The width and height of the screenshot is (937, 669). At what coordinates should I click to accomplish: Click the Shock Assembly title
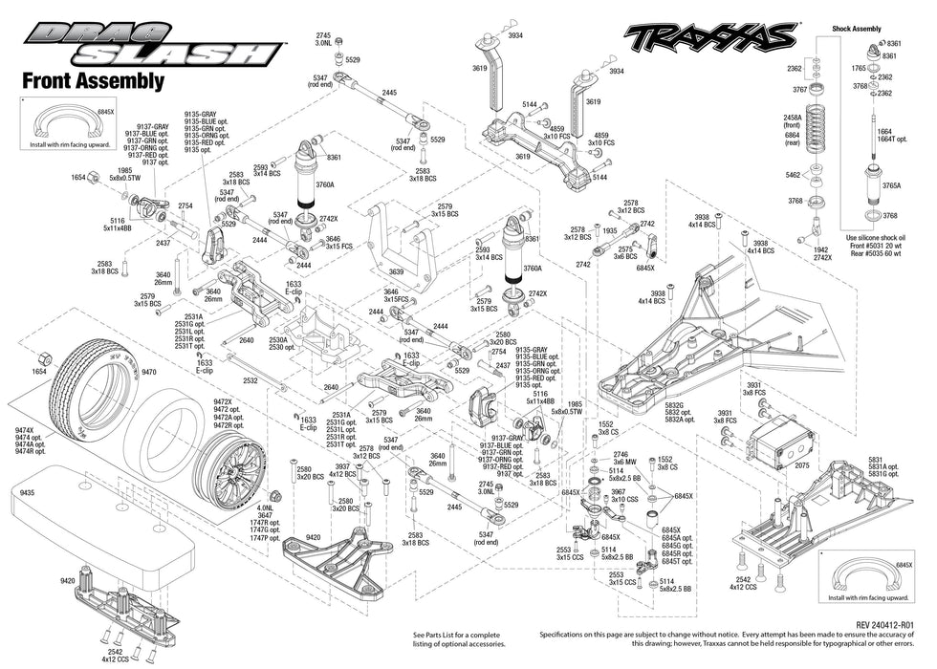857,29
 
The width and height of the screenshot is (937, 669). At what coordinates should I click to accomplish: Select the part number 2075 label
801,466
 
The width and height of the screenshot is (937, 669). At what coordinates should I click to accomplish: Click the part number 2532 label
251,379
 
